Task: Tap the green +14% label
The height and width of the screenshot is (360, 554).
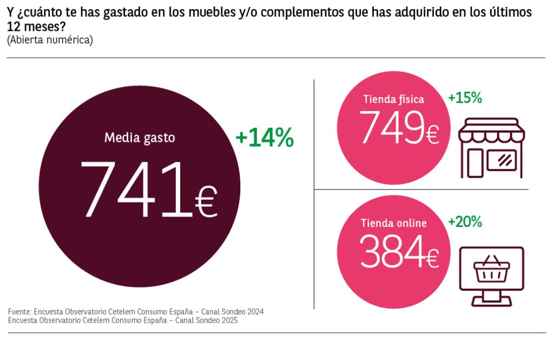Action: pyautogui.click(x=265, y=139)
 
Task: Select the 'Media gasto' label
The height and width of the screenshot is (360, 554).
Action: pyautogui.click(x=140, y=138)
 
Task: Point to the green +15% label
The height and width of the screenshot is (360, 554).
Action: pyautogui.click(x=465, y=98)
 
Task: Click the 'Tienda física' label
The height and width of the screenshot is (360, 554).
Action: pyautogui.click(x=393, y=99)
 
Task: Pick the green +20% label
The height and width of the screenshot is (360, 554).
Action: pyautogui.click(x=465, y=221)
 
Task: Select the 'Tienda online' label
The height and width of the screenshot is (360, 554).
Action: pyautogui.click(x=393, y=223)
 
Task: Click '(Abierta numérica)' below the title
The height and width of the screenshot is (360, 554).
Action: pyautogui.click(x=50, y=40)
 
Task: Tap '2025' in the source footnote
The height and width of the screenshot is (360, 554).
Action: pyautogui.click(x=227, y=320)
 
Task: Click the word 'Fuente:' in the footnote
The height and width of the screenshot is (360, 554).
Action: pyautogui.click(x=19, y=312)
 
